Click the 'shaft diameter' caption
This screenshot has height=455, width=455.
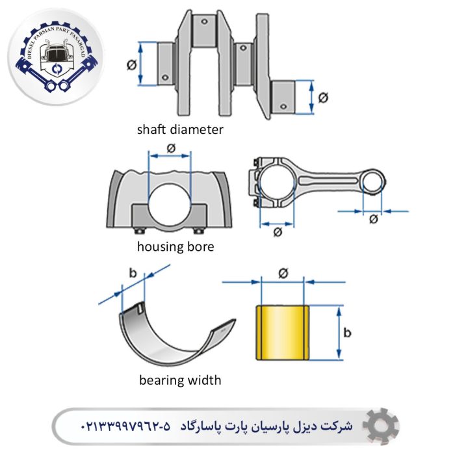coord(180,129)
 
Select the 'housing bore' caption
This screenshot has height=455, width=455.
coord(175,247)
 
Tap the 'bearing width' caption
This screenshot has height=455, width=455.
coord(180,380)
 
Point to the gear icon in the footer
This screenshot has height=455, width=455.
coord(381,426)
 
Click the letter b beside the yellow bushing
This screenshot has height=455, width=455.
coord(348,333)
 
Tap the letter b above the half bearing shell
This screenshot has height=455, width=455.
coord(133,273)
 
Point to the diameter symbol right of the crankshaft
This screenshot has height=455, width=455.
coord(323,97)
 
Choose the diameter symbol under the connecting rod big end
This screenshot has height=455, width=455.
coord(278,232)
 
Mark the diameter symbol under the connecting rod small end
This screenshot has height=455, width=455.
coord(373,219)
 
